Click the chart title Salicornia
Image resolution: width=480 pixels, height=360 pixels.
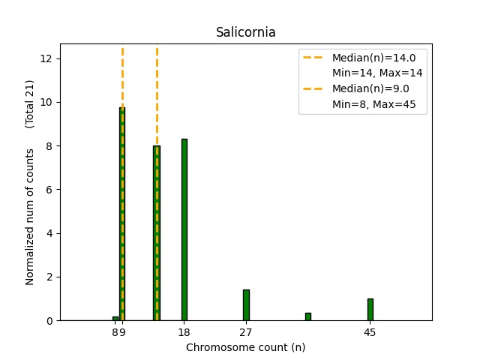[245, 32]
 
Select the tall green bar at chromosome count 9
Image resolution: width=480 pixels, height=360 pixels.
[122, 217]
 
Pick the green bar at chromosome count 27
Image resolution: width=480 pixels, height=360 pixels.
[246, 305]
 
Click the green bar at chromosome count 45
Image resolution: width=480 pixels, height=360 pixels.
[370, 310]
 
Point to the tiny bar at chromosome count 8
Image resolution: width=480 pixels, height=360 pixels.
[115, 319]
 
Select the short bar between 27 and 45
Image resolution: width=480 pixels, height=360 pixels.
[307, 316]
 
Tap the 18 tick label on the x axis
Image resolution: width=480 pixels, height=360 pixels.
[184, 332]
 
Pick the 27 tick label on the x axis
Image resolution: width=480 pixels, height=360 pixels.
[246, 332]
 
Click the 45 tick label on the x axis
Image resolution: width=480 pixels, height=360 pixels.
[370, 332]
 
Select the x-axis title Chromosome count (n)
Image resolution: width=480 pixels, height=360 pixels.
[245, 347]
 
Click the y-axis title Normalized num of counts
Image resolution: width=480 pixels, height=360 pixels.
[31, 216]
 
